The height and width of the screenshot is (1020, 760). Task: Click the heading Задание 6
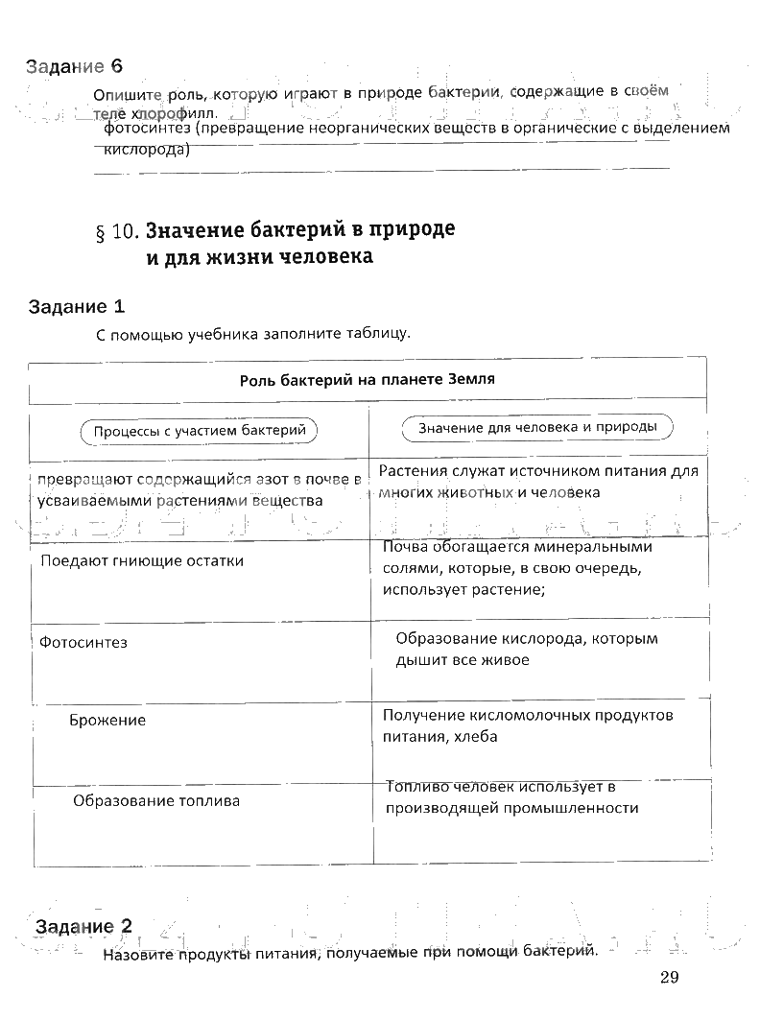(x=76, y=66)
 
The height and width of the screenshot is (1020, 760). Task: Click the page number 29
(x=670, y=978)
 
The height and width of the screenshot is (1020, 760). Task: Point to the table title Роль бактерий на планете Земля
(x=367, y=379)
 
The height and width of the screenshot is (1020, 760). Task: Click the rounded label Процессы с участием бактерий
(x=200, y=431)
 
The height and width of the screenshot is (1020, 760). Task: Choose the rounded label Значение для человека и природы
(x=537, y=428)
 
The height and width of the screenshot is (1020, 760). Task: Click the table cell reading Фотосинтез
(x=83, y=642)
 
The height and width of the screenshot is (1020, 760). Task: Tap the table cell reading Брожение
(x=107, y=720)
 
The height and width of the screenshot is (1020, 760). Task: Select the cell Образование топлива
(x=156, y=800)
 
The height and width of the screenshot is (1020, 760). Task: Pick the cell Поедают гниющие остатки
(x=142, y=560)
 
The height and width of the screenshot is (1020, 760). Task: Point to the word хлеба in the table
(x=477, y=737)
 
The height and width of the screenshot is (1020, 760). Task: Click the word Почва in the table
(x=404, y=547)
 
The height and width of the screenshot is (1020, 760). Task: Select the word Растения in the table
(x=412, y=470)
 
